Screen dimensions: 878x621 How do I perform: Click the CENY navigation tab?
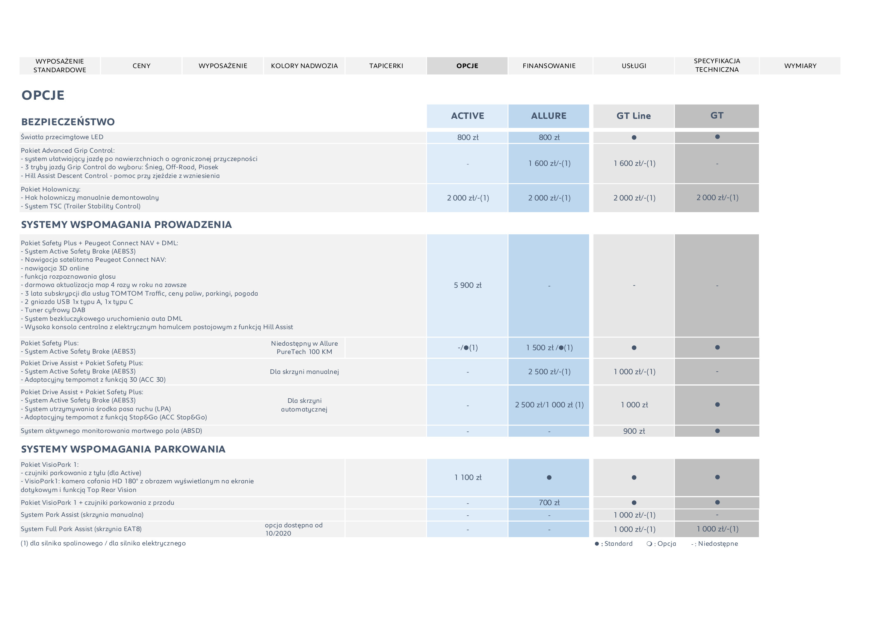coord(142,66)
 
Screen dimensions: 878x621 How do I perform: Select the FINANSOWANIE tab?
coord(549,66)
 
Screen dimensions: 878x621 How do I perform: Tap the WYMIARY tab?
coord(800,66)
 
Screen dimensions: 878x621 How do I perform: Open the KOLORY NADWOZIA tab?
coord(304,66)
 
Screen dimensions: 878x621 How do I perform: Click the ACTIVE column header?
coord(467,116)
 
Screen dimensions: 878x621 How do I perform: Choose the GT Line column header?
coord(634,116)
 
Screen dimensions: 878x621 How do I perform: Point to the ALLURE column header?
coord(549,116)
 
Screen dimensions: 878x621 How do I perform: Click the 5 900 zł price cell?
coord(467,285)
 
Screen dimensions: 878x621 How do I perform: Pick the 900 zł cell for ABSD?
coord(634,431)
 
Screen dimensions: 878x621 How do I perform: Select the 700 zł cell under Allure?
coord(549,503)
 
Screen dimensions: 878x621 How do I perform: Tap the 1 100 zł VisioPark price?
coord(467,477)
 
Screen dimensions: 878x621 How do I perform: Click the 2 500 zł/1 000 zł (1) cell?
coord(549,405)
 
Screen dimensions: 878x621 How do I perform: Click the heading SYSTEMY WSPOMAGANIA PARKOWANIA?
coord(123,449)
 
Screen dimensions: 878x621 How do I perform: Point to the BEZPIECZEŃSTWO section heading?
coord(68,122)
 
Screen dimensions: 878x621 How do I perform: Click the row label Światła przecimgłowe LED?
coord(62,137)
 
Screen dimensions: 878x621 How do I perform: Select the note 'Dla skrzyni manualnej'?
coord(304,372)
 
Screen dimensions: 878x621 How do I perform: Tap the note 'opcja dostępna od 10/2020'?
coord(294,529)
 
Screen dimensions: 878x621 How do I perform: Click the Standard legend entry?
coord(614,544)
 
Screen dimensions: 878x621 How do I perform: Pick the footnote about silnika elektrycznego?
coord(103,543)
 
